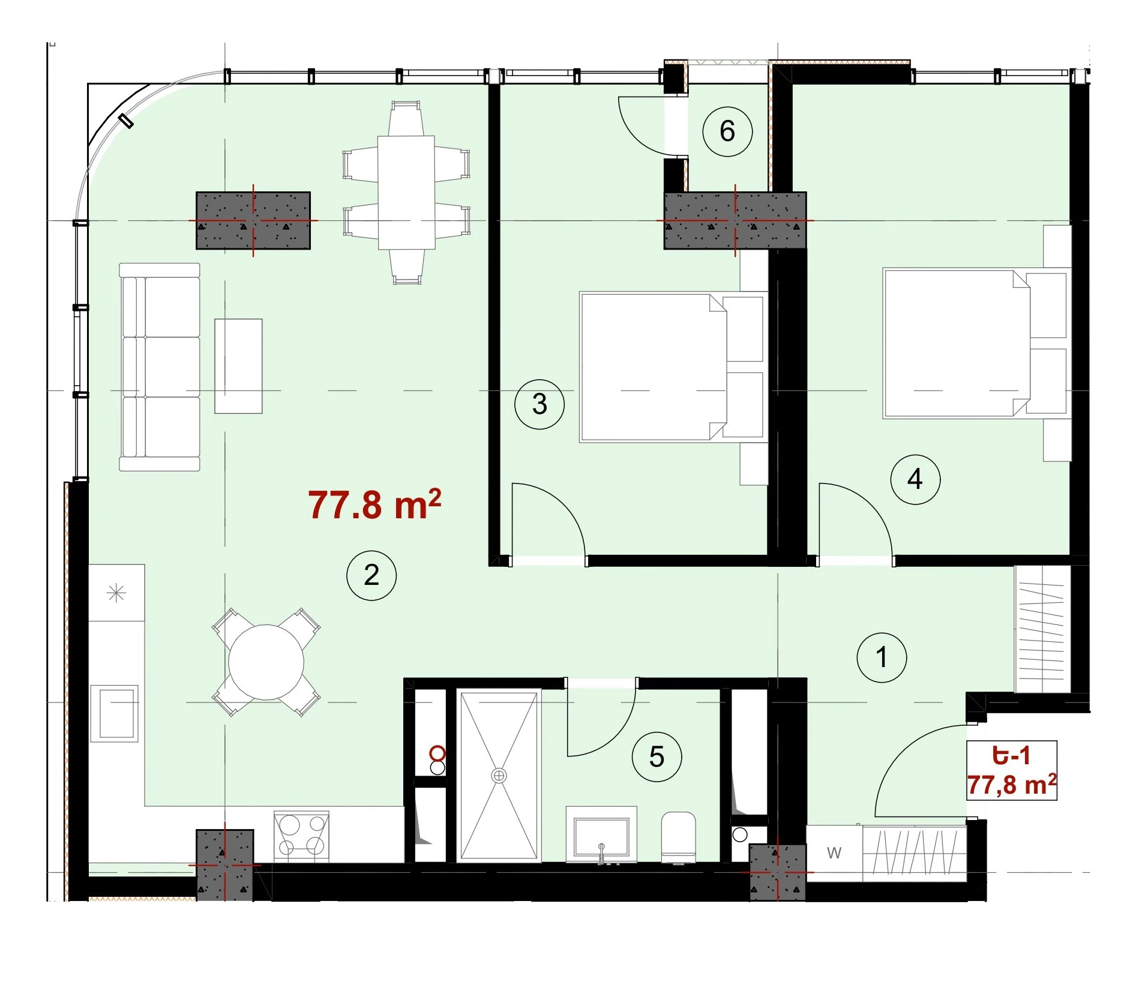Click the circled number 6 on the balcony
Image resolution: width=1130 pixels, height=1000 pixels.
coord(727,131)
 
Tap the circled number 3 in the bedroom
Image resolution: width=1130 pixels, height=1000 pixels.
coord(539,404)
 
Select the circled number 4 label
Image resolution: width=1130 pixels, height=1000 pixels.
coord(915,479)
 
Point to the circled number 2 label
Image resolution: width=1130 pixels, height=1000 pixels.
coord(371,575)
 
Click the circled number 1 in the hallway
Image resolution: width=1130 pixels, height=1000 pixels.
coord(882,657)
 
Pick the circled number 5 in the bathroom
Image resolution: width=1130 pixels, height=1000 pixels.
coord(657,757)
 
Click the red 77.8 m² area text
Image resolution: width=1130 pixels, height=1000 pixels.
coord(375,504)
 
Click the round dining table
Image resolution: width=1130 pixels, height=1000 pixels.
coord(266,663)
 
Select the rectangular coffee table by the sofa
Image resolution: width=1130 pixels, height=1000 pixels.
coord(238,366)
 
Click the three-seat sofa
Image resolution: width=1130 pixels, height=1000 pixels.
coord(160,367)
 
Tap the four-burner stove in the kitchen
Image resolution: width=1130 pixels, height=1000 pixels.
coord(301,836)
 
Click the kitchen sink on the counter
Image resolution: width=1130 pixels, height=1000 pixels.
coord(115,713)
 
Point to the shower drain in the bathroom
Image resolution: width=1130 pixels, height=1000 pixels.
coord(499,776)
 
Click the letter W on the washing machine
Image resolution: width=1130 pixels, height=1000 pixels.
coord(834,852)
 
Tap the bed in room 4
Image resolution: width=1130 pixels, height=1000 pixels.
coord(977,343)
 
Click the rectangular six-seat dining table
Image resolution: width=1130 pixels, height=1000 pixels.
coord(406,193)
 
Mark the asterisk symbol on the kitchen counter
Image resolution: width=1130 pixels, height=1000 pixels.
coord(116,593)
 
